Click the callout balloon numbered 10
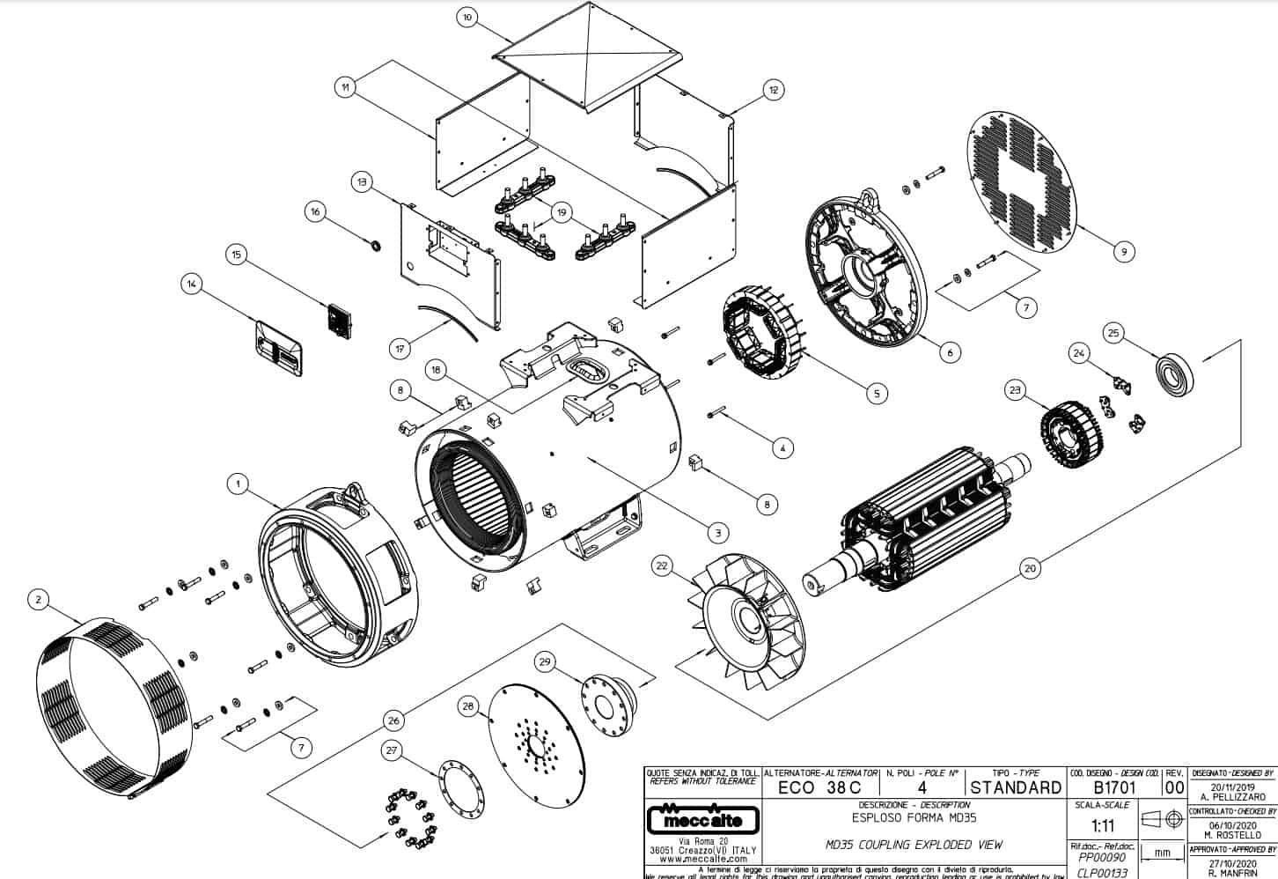point(467,17)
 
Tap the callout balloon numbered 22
point(662,567)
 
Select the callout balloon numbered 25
point(1113,333)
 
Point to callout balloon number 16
point(315,211)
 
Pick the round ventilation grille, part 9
point(1026,181)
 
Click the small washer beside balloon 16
point(376,243)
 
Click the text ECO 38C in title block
point(819,787)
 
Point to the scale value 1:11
point(1101,827)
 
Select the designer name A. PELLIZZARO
point(1231,796)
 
